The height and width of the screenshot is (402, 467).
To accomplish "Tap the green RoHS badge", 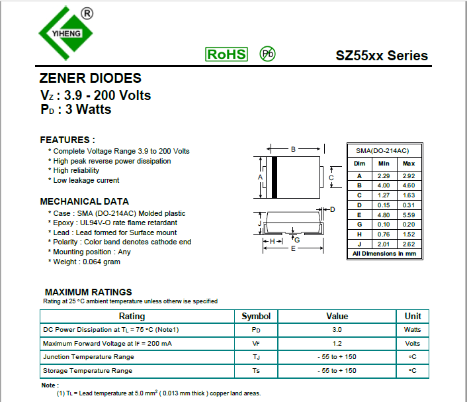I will tap(226, 54).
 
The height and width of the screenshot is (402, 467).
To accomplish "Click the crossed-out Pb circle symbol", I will tap(267, 54).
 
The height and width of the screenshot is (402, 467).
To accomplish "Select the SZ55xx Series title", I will tap(382, 56).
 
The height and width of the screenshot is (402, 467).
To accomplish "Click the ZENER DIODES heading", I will tap(91, 78).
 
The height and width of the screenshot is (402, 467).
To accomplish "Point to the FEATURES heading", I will tap(67, 140).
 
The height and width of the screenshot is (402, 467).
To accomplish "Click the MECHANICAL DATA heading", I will tap(85, 201).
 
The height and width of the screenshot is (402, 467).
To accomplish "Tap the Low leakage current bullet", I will tap(86, 180).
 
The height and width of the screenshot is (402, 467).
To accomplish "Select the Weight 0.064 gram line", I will tap(87, 262).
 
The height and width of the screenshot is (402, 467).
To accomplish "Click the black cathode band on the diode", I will tap(275, 177).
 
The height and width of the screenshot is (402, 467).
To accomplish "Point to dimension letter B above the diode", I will tap(293, 149).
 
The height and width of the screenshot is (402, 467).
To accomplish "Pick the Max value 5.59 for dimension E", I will tap(409, 215).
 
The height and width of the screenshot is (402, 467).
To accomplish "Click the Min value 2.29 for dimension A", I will tap(384, 176).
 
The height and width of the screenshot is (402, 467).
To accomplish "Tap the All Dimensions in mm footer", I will tap(384, 254).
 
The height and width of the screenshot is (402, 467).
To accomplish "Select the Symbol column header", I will tap(256, 316).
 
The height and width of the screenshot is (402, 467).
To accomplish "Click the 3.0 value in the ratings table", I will tap(337, 329).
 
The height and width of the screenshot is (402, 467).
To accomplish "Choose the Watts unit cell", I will tap(412, 329).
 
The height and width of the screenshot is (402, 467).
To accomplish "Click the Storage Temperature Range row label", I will tap(87, 371).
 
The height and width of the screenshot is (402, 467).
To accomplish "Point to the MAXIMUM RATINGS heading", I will tap(88, 292).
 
